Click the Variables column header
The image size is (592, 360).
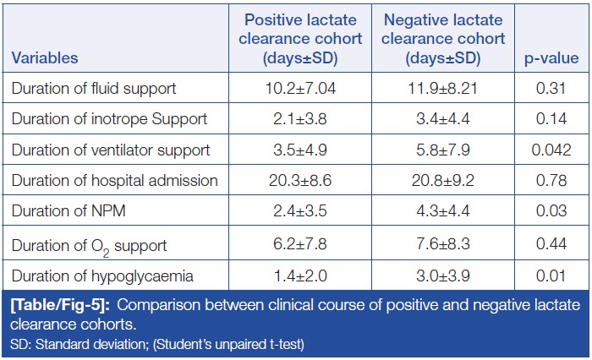(x=45, y=58)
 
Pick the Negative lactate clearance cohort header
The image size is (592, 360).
(x=442, y=39)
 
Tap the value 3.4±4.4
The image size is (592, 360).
(x=442, y=119)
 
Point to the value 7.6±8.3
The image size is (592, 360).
(x=442, y=245)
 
